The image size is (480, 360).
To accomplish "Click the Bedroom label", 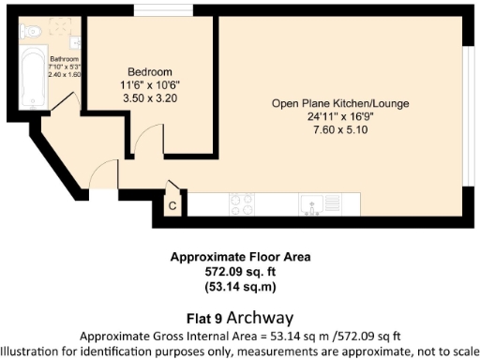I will (150, 72).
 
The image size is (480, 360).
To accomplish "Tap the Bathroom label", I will (63, 58).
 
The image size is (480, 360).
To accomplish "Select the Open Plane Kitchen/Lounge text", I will (340, 102).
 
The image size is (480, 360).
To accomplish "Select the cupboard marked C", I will (172, 203).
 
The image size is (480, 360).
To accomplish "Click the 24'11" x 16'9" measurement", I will (341, 116).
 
